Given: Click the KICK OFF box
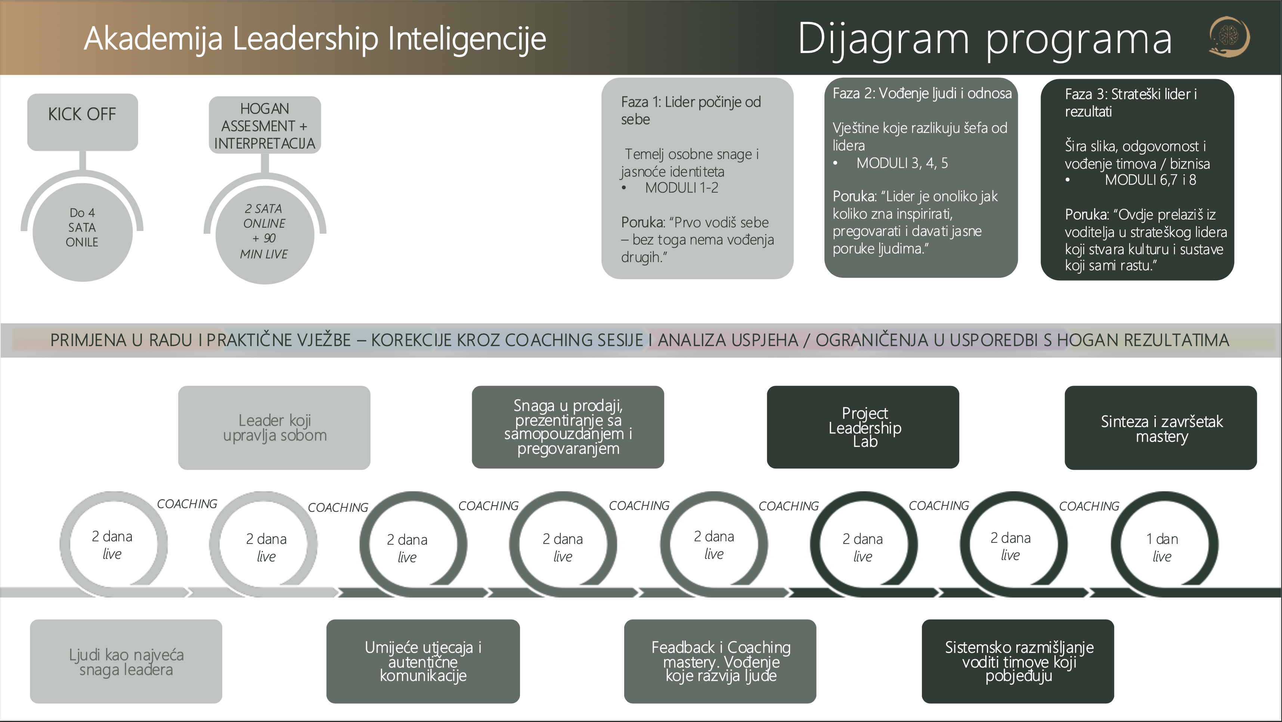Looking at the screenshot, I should tap(83, 121).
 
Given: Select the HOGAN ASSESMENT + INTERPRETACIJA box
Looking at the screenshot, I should tap(265, 125).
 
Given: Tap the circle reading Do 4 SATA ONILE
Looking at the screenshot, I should tap(82, 231).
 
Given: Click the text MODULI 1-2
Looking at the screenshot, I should tap(681, 188).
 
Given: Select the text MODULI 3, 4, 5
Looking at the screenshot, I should tap(902, 163).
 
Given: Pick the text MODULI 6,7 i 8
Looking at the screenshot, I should tap(1150, 180).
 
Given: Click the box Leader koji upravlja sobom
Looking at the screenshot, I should tap(274, 427).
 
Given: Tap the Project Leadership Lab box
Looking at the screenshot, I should tap(863, 427).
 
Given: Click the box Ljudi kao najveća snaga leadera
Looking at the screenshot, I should tap(126, 662).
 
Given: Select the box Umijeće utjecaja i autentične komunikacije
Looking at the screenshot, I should tap(423, 662).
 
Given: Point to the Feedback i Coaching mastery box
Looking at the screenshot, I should tap(720, 662).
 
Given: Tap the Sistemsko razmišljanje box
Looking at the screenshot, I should tap(1018, 662).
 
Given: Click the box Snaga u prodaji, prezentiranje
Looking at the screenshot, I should tap(568, 427).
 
